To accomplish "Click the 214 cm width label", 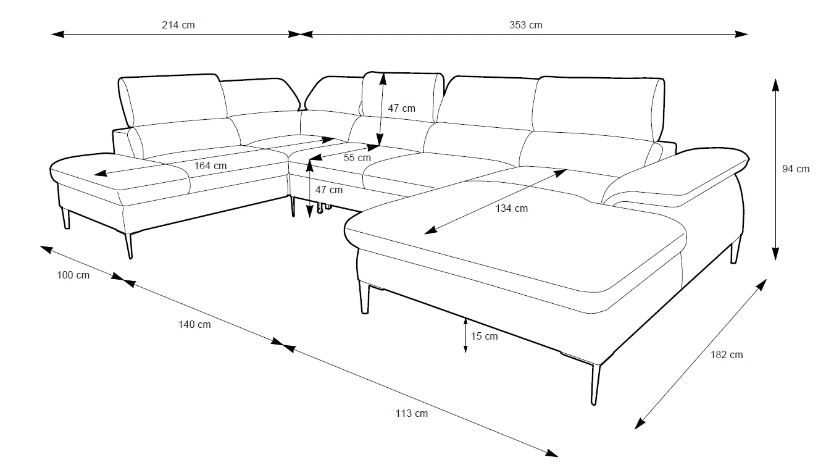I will click(x=178, y=25).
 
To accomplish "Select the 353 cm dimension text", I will click(x=526, y=25).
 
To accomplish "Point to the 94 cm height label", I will click(x=796, y=169).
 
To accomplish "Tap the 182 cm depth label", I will click(x=727, y=354).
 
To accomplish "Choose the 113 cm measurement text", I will click(x=412, y=413).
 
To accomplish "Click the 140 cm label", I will click(x=194, y=324).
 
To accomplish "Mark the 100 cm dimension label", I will click(x=73, y=275).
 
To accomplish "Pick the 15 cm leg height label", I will click(x=484, y=337).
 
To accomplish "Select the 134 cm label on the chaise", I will click(x=512, y=208).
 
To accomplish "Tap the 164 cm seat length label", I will click(x=211, y=165).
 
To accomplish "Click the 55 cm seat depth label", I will click(x=357, y=157).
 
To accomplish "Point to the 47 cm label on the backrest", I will click(x=401, y=108).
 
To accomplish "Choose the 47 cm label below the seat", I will click(x=328, y=190).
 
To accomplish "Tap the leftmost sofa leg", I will click(x=65, y=218).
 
